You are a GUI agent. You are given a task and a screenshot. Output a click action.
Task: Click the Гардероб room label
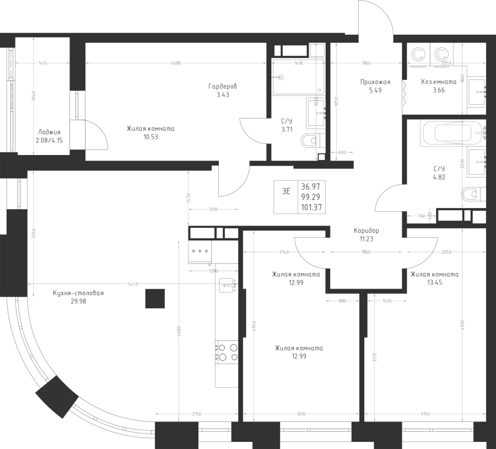pos(223,87)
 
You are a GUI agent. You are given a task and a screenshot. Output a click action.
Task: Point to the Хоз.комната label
pos(438,82)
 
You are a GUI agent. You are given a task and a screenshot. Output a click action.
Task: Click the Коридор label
pos(366,231)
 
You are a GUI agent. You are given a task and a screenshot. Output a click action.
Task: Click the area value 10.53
pos(150,137)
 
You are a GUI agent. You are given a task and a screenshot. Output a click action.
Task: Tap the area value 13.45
pos(435,282)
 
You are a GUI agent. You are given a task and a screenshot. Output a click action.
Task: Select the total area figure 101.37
pos(312,207)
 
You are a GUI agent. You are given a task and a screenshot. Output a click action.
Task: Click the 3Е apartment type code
pos(286,191)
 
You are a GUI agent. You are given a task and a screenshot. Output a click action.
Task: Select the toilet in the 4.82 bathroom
pos(473,194)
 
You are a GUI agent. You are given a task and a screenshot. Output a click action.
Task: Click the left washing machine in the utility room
pos(418,54)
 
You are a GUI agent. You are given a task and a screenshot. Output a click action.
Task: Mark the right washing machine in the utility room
pos(442,54)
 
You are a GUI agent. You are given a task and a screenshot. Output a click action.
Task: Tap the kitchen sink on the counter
pos(227,285)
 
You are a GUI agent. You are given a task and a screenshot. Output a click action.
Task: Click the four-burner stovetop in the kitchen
pos(227,352)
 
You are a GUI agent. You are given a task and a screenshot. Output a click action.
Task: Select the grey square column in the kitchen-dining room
pos(155,298)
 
